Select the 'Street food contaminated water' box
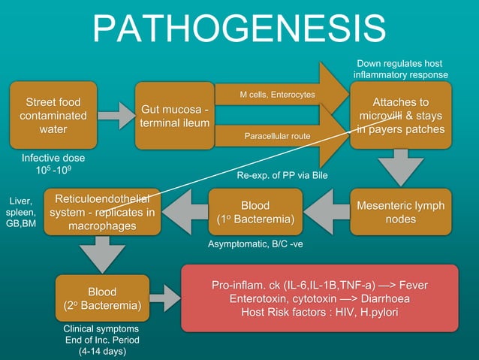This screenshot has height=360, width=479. (53, 115)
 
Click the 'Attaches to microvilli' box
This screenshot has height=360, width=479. (400, 115)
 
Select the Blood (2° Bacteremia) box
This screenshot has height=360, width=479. (101, 298)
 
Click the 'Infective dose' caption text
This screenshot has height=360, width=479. (53, 159)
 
